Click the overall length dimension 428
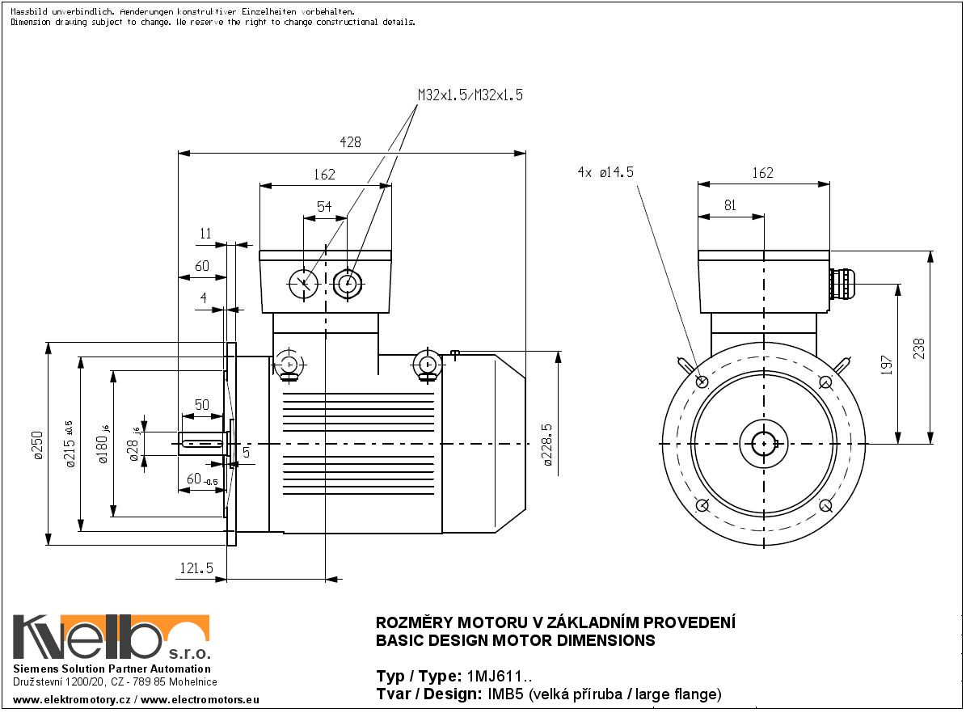click(350, 142)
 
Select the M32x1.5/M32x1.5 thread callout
click(470, 95)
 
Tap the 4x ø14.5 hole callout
click(605, 172)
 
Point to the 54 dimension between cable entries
click(324, 207)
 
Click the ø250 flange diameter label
click(38, 445)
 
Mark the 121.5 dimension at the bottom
click(196, 569)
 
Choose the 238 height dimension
click(919, 347)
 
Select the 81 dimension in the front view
click(730, 205)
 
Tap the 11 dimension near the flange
click(205, 234)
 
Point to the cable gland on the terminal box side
click(841, 285)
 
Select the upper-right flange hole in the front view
click(825, 382)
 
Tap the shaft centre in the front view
click(763, 443)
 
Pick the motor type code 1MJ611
click(498, 676)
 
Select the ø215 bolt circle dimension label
click(70, 445)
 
